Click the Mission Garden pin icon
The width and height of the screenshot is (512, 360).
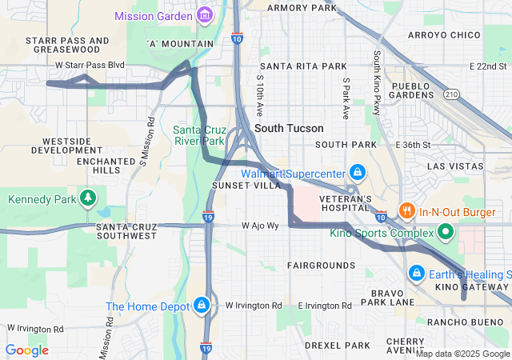[206, 15]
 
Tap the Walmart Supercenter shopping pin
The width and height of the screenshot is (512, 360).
[358, 173]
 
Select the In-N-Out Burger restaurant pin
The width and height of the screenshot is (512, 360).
[407, 211]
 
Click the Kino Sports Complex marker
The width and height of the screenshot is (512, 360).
[446, 233]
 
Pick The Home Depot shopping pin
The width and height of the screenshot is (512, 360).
[202, 306]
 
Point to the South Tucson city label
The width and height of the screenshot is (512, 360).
[289, 128]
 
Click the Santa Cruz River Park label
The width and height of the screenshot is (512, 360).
[199, 135]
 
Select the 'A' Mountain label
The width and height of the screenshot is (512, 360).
[181, 43]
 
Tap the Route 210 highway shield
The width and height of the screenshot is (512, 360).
[452, 94]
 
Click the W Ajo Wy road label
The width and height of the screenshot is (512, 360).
[261, 226]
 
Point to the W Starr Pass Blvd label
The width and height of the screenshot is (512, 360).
[90, 64]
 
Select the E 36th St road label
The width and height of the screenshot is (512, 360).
[413, 145]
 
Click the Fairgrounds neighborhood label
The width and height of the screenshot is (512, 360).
[321, 265]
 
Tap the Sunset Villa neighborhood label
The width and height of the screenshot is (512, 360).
[246, 185]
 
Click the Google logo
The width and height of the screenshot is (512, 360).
[27, 350]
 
